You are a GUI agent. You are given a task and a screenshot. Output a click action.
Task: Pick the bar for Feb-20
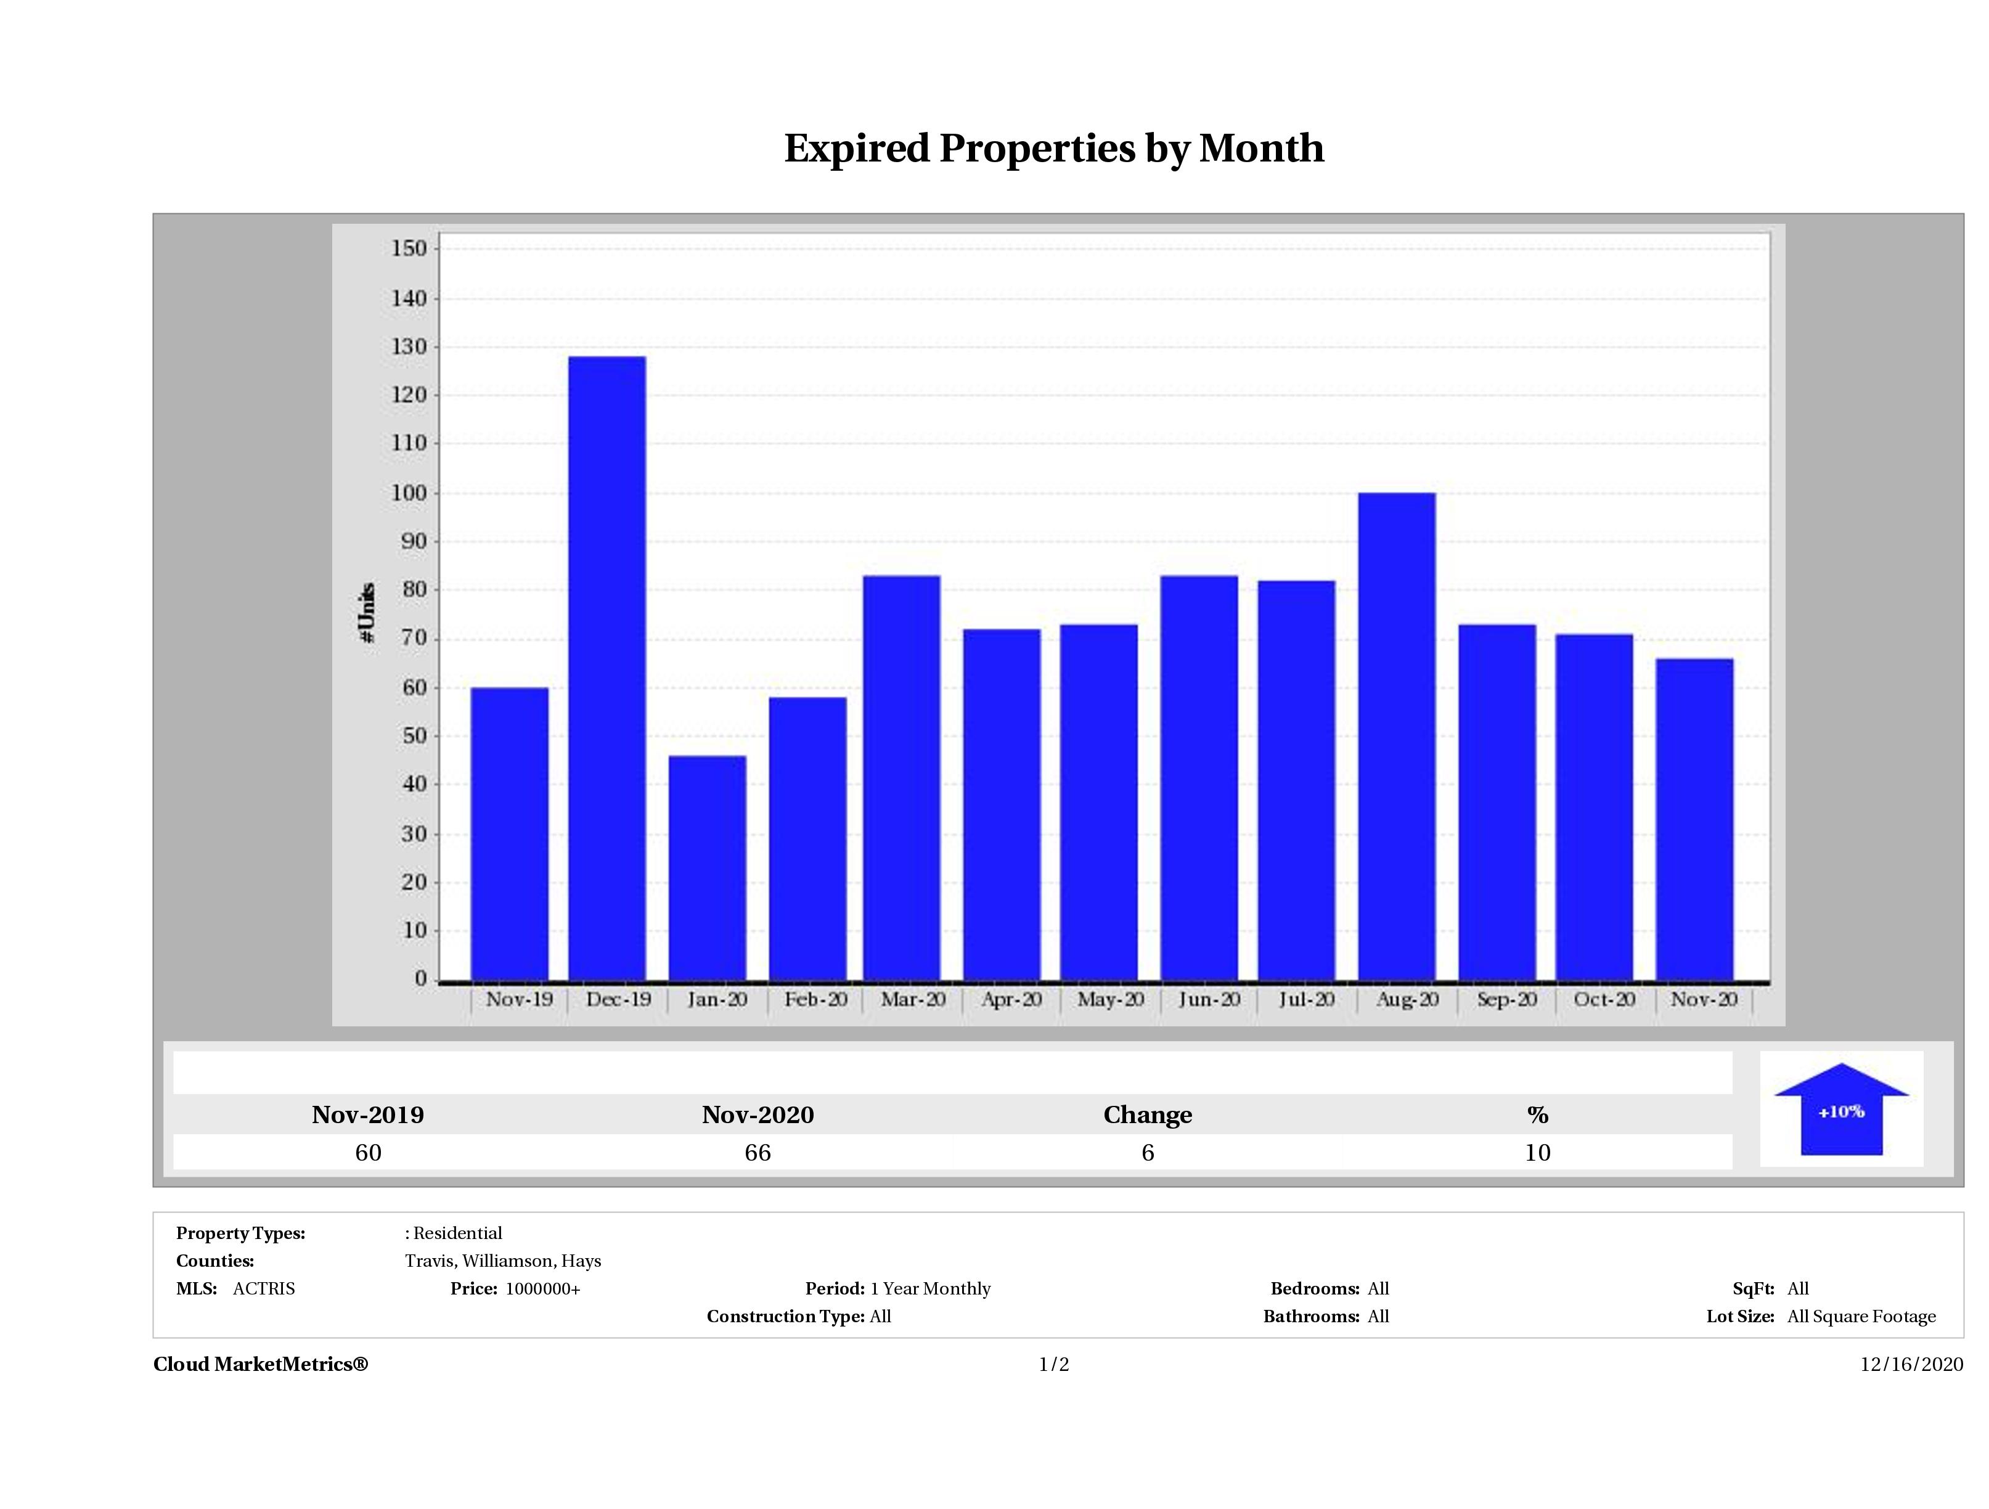[x=807, y=838]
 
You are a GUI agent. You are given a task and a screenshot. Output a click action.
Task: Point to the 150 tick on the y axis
[x=409, y=248]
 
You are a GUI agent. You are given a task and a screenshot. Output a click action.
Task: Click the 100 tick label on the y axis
[x=409, y=493]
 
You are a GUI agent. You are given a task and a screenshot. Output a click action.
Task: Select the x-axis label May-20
[x=1111, y=999]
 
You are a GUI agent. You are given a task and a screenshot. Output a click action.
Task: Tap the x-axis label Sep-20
[x=1506, y=999]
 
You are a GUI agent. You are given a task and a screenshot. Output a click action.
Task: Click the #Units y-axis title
[x=367, y=611]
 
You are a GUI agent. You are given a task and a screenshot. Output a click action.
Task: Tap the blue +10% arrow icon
[x=1840, y=1111]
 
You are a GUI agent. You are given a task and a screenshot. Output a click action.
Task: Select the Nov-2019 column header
[x=368, y=1115]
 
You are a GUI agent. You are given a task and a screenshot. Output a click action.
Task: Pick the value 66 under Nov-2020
[x=758, y=1153]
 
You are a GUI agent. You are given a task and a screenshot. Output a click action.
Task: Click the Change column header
[x=1148, y=1115]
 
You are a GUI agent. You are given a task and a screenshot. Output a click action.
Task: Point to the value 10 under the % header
[x=1538, y=1153]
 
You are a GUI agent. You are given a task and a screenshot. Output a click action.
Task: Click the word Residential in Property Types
[x=458, y=1233]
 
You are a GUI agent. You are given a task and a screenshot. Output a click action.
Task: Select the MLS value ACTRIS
[x=263, y=1289]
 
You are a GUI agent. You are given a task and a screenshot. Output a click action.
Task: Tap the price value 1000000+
[x=543, y=1289]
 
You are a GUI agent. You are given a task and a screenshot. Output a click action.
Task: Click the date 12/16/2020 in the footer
[x=1912, y=1364]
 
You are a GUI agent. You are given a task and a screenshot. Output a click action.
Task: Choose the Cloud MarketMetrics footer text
[x=261, y=1364]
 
